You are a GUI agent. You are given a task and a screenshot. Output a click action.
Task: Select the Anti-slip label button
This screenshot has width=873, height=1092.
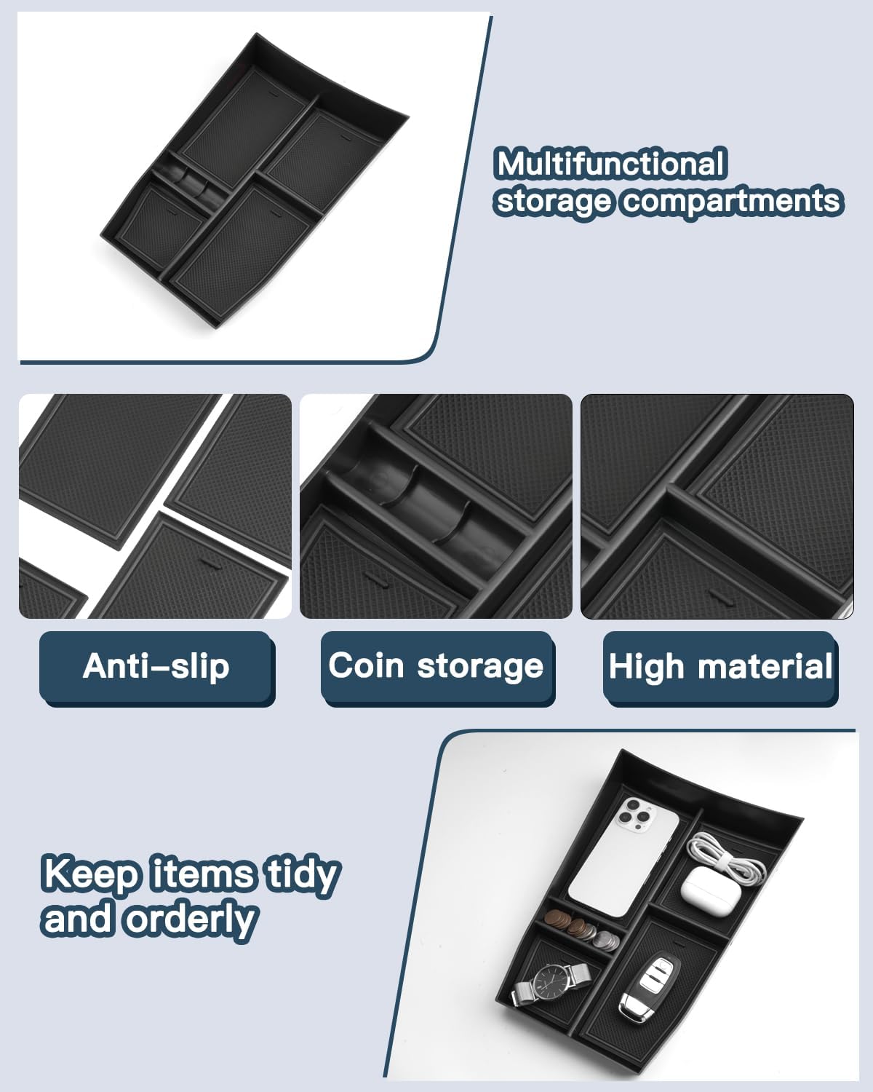(x=156, y=667)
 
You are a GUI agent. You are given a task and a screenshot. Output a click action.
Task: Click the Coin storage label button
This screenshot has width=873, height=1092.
(x=436, y=667)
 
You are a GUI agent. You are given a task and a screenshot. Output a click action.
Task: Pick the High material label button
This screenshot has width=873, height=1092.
(x=720, y=667)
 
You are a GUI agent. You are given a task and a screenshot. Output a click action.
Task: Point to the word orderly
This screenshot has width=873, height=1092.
(x=191, y=919)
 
